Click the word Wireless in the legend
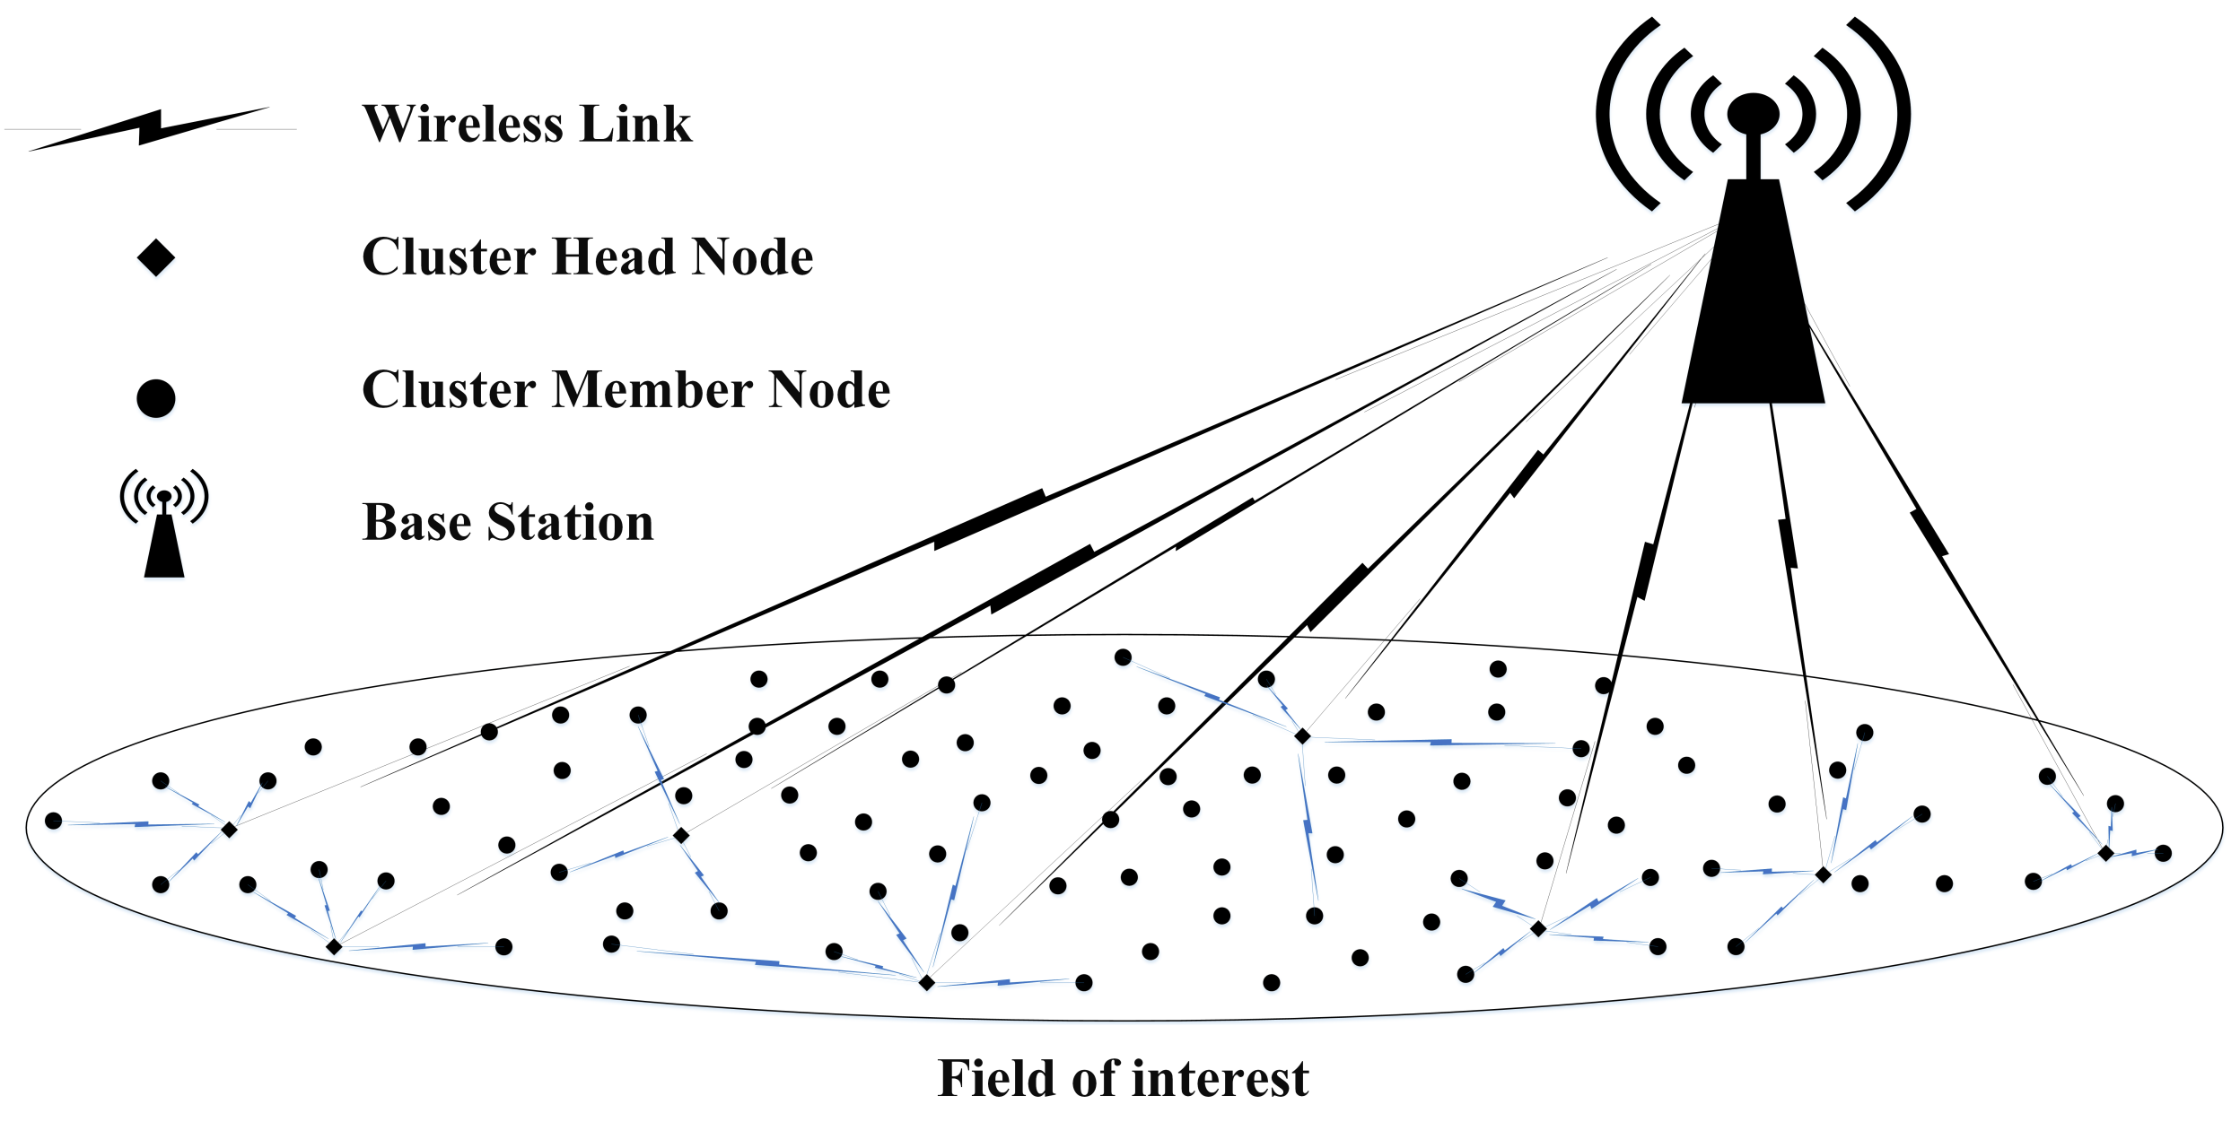(x=461, y=124)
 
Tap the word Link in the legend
(x=636, y=124)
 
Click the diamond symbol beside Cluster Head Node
(x=156, y=258)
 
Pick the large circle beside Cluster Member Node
(x=156, y=398)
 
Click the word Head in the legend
(x=614, y=257)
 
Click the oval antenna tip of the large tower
(x=1753, y=113)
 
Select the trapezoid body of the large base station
(x=1753, y=305)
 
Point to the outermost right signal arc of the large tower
(x=1892, y=115)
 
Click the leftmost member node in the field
(x=54, y=821)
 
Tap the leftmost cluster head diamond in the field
(x=230, y=831)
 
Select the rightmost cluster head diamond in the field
(x=2105, y=853)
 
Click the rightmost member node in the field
(x=2163, y=853)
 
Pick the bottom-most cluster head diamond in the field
(x=927, y=983)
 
